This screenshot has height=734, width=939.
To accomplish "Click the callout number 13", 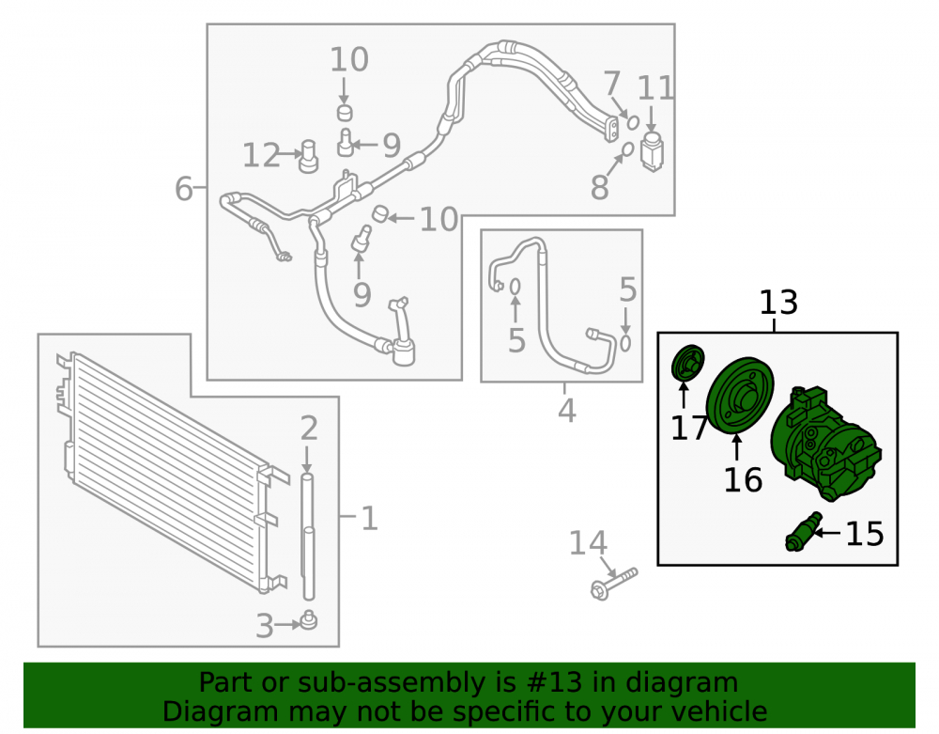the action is click(778, 303).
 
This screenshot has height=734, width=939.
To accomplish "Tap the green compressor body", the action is click(825, 445).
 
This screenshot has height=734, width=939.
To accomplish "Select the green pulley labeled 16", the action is click(740, 394).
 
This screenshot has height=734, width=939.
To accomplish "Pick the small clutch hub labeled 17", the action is click(687, 363).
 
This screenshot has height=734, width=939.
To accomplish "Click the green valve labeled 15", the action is click(803, 532).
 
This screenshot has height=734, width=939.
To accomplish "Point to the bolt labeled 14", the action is click(614, 584).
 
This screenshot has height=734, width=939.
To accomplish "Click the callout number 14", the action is click(588, 543).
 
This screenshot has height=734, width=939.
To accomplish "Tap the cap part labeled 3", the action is click(308, 620).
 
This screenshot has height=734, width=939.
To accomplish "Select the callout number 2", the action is click(308, 429).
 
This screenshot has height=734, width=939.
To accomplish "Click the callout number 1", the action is click(370, 518).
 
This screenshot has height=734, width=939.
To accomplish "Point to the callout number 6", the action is click(184, 188).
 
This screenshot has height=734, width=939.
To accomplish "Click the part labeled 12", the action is click(308, 156).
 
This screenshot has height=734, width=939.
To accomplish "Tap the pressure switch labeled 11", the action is click(652, 150).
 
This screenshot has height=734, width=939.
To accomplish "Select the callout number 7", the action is click(611, 84).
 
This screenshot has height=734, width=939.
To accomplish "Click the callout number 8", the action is click(599, 187).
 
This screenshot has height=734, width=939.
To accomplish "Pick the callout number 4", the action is click(566, 411).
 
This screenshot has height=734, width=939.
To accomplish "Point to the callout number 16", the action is click(743, 480).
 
